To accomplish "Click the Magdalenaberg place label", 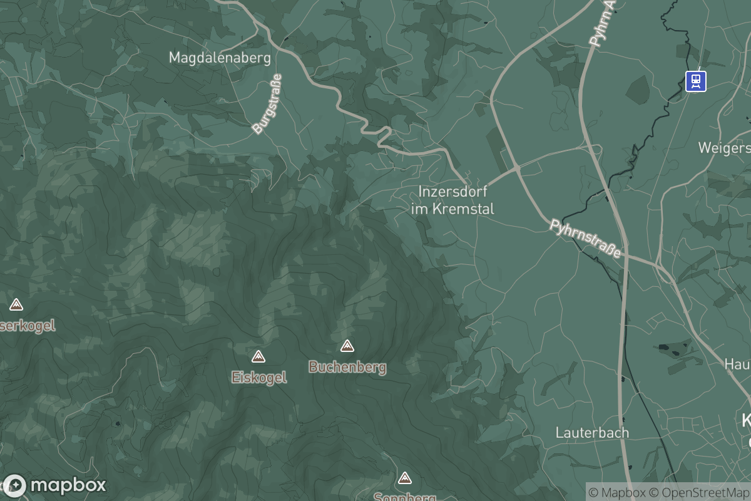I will point(220,58).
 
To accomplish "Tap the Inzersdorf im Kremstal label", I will point(453,200).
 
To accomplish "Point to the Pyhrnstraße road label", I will point(586,239).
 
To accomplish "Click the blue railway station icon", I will point(695,81).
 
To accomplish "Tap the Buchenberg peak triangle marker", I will point(347,346).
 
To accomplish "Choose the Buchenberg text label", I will point(347,367).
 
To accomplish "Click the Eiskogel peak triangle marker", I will point(258,356).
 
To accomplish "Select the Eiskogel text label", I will point(259,377).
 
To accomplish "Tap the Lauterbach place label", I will point(592,432).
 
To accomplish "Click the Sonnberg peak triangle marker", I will point(405,478).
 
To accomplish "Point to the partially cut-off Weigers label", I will point(725,148).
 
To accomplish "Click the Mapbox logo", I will point(55,485).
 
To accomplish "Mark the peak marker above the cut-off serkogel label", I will point(16,304).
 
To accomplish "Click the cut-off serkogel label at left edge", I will point(28,325).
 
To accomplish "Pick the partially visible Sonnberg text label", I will point(405,497).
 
